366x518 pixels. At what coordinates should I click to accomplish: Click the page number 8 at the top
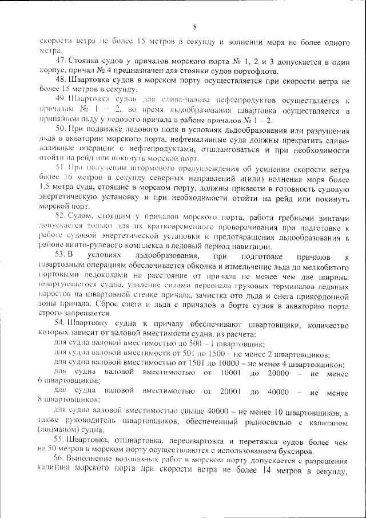point(194,27)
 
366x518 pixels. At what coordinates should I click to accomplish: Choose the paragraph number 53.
point(61,255)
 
